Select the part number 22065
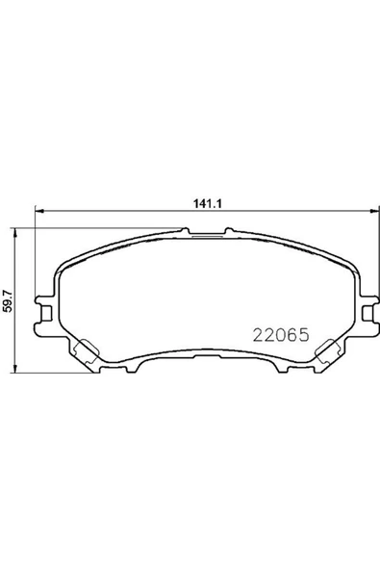coord(279,336)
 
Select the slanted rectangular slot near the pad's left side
coord(85,351)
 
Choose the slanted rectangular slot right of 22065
coord(330,351)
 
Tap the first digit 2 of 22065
coord(257,336)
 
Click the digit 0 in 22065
coord(279,336)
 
